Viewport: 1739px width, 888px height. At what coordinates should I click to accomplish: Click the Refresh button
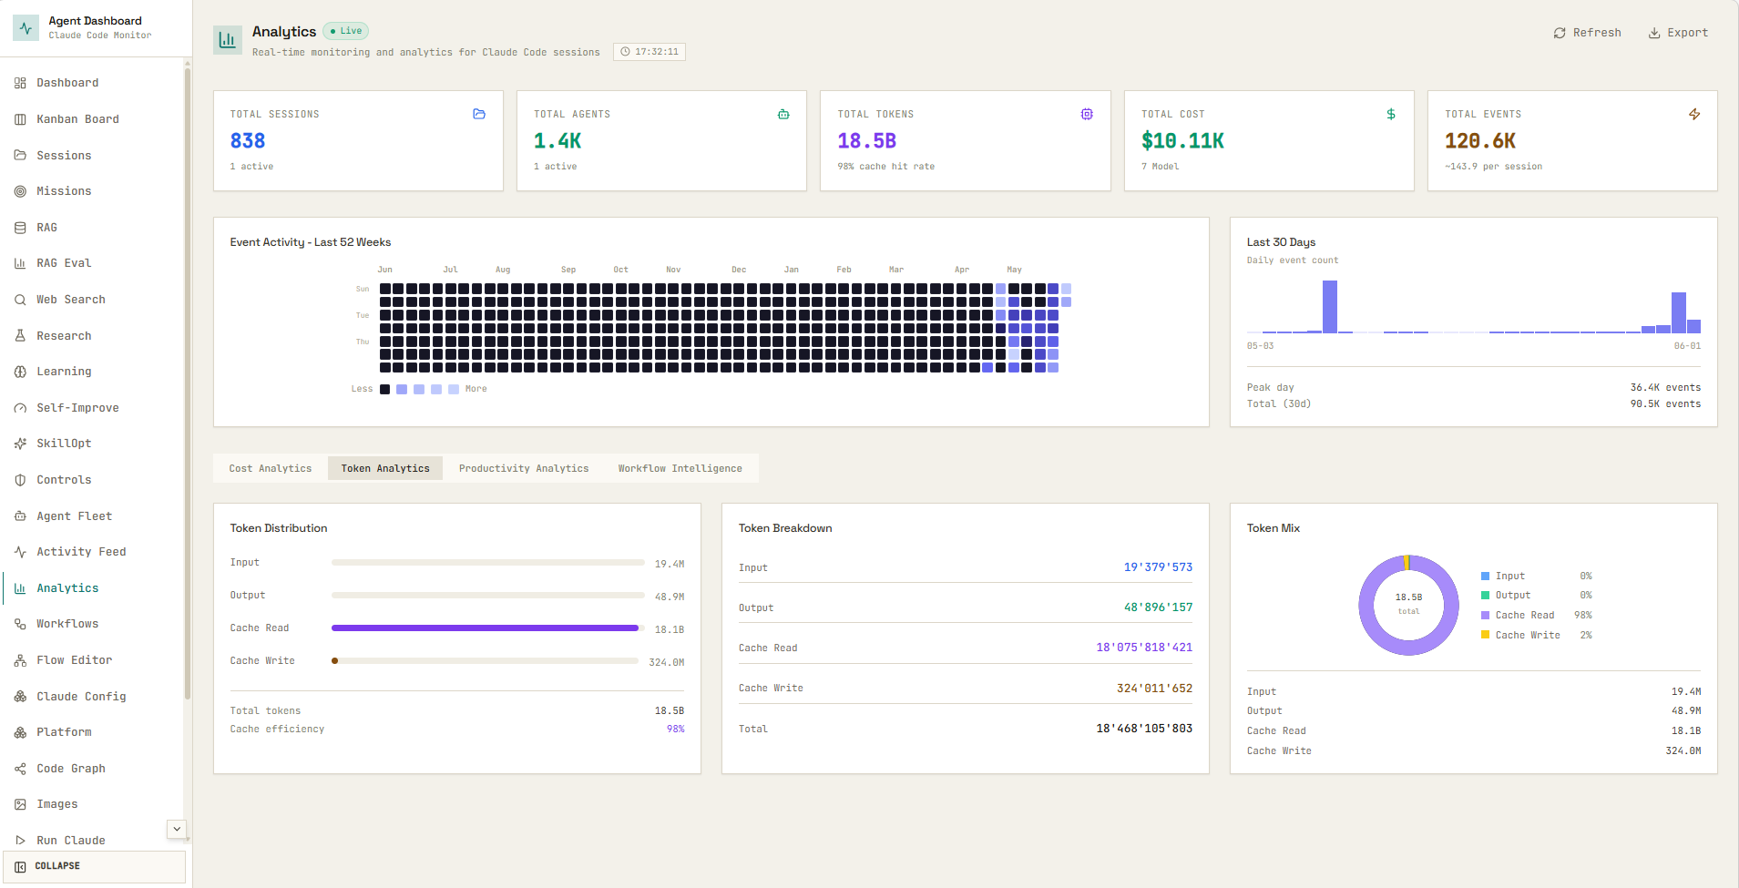click(x=1587, y=33)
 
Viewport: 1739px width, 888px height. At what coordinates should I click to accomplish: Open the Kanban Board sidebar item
click(x=77, y=119)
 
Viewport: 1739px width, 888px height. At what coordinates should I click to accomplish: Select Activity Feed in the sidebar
click(x=81, y=552)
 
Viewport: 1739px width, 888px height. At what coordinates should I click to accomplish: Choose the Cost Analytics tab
click(x=271, y=468)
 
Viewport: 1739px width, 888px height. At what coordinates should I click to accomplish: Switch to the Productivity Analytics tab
click(x=524, y=468)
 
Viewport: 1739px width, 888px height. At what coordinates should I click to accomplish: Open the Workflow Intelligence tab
click(x=680, y=468)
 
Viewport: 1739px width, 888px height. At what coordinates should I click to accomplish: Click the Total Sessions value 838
click(x=248, y=141)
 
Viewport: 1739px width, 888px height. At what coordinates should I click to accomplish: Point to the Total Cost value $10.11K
click(x=1182, y=141)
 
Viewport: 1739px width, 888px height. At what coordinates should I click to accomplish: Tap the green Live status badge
click(x=346, y=31)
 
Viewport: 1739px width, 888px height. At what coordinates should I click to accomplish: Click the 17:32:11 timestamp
click(x=650, y=52)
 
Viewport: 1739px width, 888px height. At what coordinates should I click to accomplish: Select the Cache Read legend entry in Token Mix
click(x=1524, y=616)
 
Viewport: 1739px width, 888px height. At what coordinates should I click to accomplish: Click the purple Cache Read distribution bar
click(x=485, y=628)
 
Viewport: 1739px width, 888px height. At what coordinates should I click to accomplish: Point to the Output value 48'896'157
click(x=1158, y=607)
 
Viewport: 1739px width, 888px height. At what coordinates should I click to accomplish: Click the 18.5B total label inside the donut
click(x=1408, y=597)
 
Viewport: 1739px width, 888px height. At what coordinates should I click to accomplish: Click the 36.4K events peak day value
click(x=1665, y=388)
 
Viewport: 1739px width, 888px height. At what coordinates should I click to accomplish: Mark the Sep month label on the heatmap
click(x=568, y=270)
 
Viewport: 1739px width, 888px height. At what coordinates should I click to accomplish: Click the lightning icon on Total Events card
click(x=1694, y=114)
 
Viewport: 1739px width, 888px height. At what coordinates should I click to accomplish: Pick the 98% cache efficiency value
click(x=675, y=730)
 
